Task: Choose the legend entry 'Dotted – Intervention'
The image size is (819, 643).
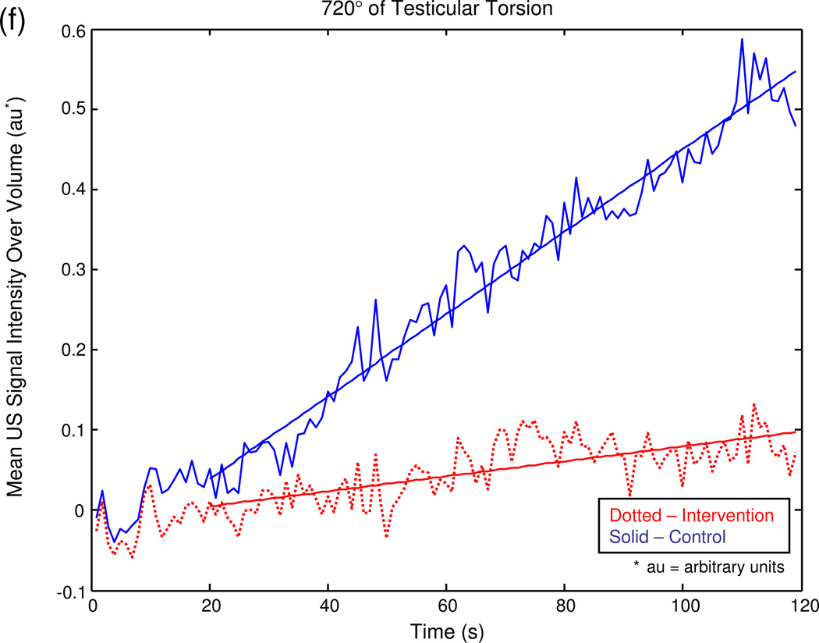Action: (692, 516)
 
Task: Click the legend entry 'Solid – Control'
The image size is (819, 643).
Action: (668, 537)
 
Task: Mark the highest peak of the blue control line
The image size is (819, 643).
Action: (742, 39)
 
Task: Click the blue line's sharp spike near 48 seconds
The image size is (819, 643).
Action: (375, 300)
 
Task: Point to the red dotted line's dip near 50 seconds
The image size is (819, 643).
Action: (386, 537)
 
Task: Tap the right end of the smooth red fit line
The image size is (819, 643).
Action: (795, 432)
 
